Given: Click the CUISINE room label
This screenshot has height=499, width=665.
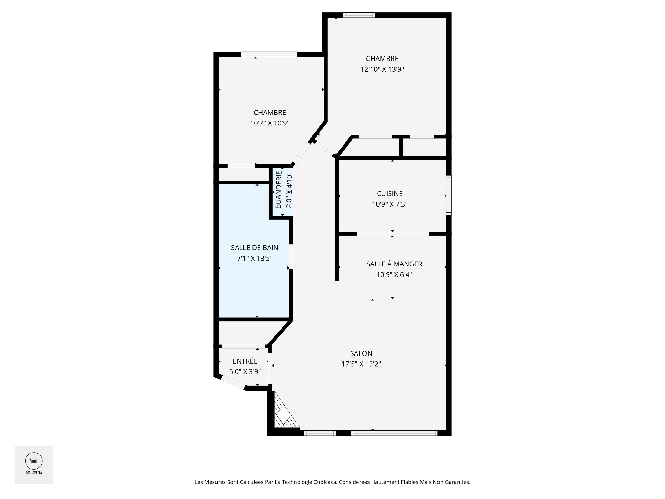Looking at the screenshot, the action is (390, 194).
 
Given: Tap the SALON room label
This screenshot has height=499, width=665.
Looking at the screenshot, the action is (361, 353).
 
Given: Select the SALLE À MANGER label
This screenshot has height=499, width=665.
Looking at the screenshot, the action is (394, 264).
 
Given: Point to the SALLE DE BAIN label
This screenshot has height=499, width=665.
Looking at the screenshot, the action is (255, 248).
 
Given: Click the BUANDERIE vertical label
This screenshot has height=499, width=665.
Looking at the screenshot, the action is (278, 190).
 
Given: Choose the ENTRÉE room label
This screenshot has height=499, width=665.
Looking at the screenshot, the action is (245, 361).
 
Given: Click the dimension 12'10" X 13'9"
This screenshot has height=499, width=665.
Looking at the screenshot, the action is (382, 69).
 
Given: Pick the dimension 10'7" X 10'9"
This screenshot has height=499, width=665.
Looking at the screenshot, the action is (270, 123).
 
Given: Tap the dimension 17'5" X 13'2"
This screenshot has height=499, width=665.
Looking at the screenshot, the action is (361, 364).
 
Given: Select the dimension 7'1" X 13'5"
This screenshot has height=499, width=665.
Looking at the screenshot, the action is (255, 258).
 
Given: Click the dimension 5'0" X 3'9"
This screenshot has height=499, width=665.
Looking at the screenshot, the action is (245, 372).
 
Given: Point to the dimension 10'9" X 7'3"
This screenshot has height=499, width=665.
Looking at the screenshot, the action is (390, 204).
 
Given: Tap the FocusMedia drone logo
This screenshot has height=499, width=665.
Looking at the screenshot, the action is (34, 461).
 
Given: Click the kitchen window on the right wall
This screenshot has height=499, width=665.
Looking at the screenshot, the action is (449, 195).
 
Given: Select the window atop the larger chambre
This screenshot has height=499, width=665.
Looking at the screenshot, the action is (359, 15).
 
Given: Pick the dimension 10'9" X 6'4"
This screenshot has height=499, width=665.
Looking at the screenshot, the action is (394, 275).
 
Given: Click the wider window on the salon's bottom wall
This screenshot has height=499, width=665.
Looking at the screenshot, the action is (394, 433).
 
